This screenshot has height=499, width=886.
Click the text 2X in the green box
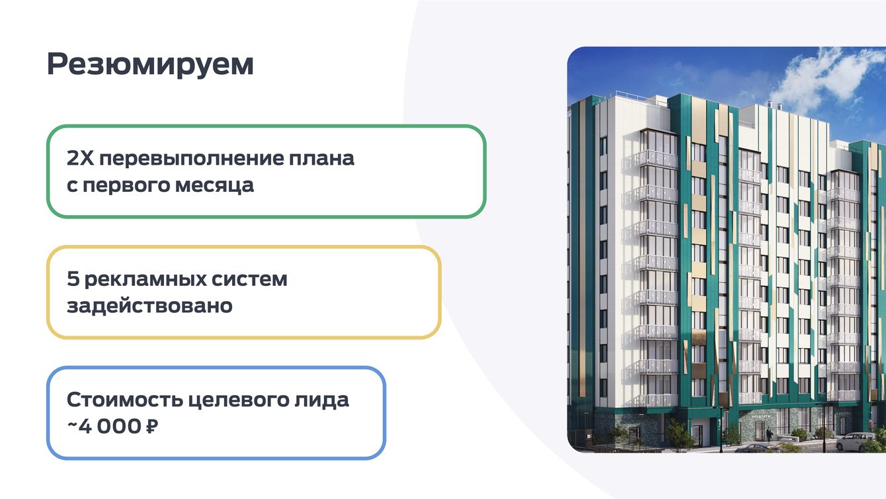tap(80, 158)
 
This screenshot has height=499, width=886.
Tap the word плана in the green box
tap(321, 158)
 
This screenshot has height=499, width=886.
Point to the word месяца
tap(214, 186)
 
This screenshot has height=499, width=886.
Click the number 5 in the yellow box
tap(73, 279)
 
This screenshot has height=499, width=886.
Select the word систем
tap(249, 279)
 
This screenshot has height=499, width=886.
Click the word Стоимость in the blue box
tap(124, 400)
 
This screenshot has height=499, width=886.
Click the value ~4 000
tap(104, 426)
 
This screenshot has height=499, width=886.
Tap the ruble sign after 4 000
tap(152, 426)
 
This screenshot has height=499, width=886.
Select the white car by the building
tap(858, 442)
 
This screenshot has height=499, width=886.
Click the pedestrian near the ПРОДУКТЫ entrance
tap(768, 435)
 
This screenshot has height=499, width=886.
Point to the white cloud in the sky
tap(826, 81)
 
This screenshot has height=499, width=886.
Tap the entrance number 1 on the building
tap(719, 422)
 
